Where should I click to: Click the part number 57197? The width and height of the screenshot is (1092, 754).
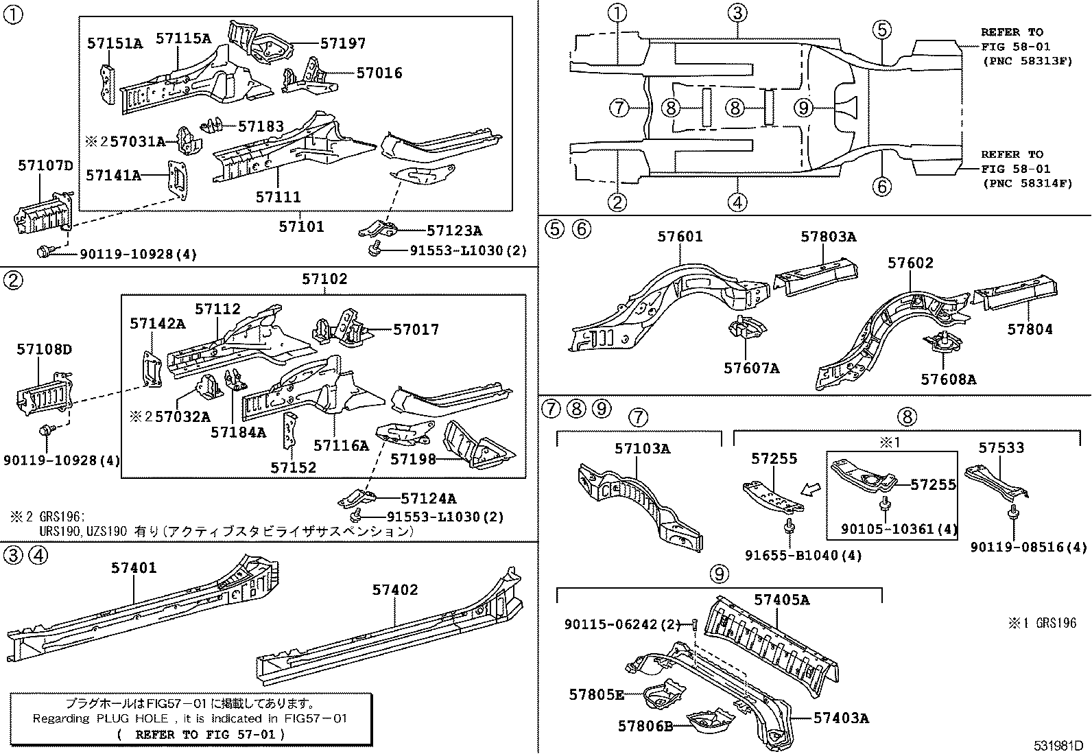tap(343, 43)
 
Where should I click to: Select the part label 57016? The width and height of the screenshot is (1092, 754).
tap(379, 73)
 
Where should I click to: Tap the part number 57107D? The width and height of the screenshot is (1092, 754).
tap(45, 166)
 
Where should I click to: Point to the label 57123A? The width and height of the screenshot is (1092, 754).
tap(454, 231)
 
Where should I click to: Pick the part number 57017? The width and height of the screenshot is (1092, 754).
tap(416, 330)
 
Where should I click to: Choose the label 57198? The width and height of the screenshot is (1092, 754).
tap(413, 460)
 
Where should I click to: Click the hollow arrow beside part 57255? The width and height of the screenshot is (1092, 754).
tap(810, 489)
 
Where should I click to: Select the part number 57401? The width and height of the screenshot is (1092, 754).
tap(134, 567)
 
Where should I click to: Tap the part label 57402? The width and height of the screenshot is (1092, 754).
tap(395, 590)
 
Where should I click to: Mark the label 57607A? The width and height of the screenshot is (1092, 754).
tap(751, 368)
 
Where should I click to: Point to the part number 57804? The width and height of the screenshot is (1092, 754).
tap(1030, 329)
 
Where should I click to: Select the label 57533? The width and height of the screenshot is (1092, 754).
tap(1001, 448)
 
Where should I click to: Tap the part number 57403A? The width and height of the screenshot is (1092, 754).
tap(842, 718)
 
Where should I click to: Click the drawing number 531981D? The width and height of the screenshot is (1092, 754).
tap(1058, 745)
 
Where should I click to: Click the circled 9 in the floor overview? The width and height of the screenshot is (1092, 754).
tap(803, 107)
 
